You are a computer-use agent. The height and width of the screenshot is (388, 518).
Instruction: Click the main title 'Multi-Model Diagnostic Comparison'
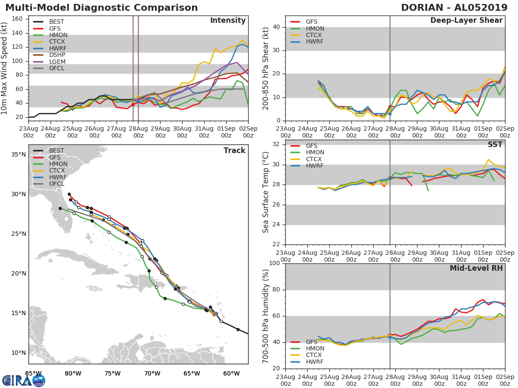(x=101, y=8)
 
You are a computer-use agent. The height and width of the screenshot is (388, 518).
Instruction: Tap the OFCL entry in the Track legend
(x=57, y=184)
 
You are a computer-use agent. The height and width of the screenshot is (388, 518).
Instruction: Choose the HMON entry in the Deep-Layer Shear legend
(x=314, y=28)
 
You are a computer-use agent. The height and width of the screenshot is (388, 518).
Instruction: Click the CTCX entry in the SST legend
(x=314, y=159)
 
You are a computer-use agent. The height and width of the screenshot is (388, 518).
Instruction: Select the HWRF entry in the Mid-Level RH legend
(x=314, y=362)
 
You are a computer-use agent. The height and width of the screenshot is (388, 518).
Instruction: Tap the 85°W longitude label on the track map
(x=33, y=373)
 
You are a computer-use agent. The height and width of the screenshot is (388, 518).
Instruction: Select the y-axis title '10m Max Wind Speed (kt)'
(x=4, y=68)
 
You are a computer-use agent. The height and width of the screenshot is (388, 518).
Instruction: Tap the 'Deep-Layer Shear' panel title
(x=466, y=21)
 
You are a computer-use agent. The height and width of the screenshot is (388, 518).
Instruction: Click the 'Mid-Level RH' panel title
(x=476, y=268)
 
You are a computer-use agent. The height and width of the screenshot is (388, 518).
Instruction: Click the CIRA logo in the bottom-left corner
(x=24, y=380)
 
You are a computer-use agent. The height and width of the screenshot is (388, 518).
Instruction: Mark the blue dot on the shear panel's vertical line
(x=390, y=114)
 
